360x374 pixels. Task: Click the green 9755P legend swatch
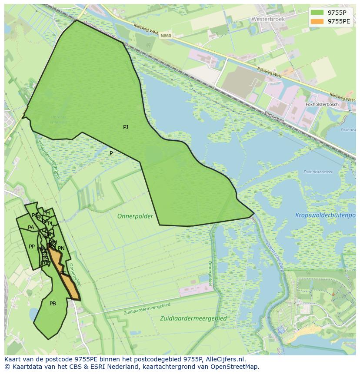(317, 13)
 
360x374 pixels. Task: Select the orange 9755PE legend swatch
(317, 21)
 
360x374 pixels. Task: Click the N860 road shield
(165, 36)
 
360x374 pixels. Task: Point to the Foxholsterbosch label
(322, 105)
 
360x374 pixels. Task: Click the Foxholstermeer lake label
(318, 172)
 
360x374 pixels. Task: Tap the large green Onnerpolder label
(135, 216)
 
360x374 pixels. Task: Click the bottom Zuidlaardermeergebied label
(193, 318)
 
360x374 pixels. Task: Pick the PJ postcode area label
(126, 127)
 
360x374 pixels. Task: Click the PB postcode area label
(53, 304)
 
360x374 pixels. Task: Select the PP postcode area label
(32, 247)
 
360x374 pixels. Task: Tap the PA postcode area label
(31, 228)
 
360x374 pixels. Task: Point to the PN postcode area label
(61, 248)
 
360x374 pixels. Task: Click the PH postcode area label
(47, 213)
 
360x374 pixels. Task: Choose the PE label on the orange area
(63, 273)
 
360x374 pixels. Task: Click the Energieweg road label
(274, 116)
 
